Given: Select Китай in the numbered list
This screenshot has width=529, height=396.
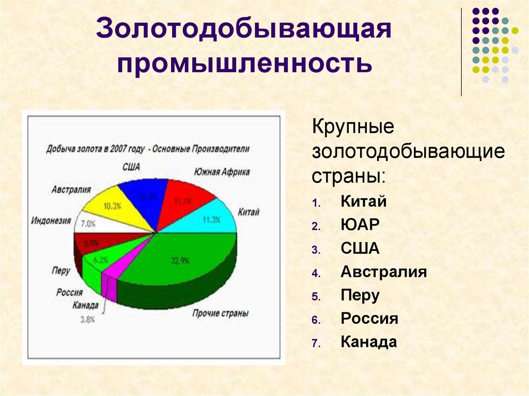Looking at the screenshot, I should click(363, 201).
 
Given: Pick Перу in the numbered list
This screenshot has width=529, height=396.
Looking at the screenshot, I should click(360, 295).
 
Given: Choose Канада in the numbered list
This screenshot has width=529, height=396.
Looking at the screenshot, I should click(369, 342).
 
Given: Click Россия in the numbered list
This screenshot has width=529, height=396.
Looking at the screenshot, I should click(369, 319).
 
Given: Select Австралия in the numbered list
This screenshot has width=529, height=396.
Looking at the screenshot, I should click(383, 272).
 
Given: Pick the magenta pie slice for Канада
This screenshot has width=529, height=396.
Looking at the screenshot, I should click(109, 287).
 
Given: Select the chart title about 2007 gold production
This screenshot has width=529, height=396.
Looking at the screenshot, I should click(148, 149).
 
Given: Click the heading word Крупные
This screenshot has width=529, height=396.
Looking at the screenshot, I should click(353, 127).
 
